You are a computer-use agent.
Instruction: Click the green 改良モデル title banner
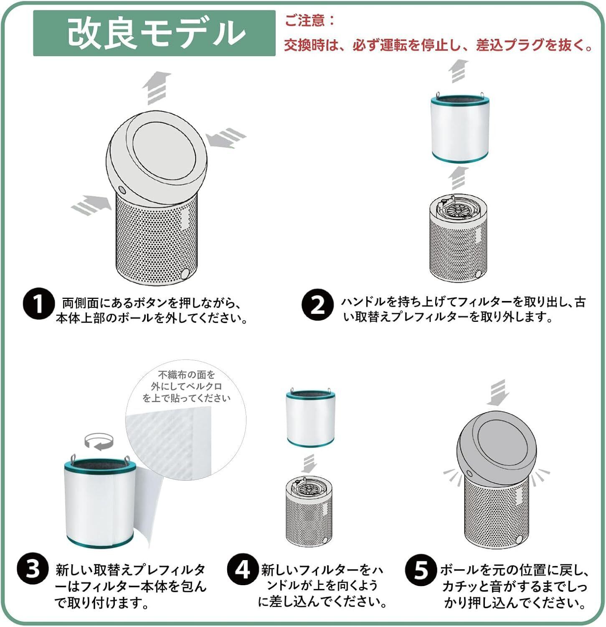pos(154,33)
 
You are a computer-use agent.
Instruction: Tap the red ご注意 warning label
pos(309,20)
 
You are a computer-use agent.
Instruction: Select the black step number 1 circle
pos(38,304)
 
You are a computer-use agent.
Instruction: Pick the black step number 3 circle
pos(33,569)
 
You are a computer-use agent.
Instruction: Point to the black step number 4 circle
pos(243,569)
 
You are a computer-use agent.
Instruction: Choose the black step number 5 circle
pos(421,571)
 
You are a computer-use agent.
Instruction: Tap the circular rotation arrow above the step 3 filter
pos(99,442)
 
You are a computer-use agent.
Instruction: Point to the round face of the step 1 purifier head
pos(164,154)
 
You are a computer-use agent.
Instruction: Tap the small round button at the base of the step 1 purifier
pos(185,274)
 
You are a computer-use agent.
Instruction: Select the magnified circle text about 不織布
pos(186,387)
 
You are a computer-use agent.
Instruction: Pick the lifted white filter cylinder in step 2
pos(460,127)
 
